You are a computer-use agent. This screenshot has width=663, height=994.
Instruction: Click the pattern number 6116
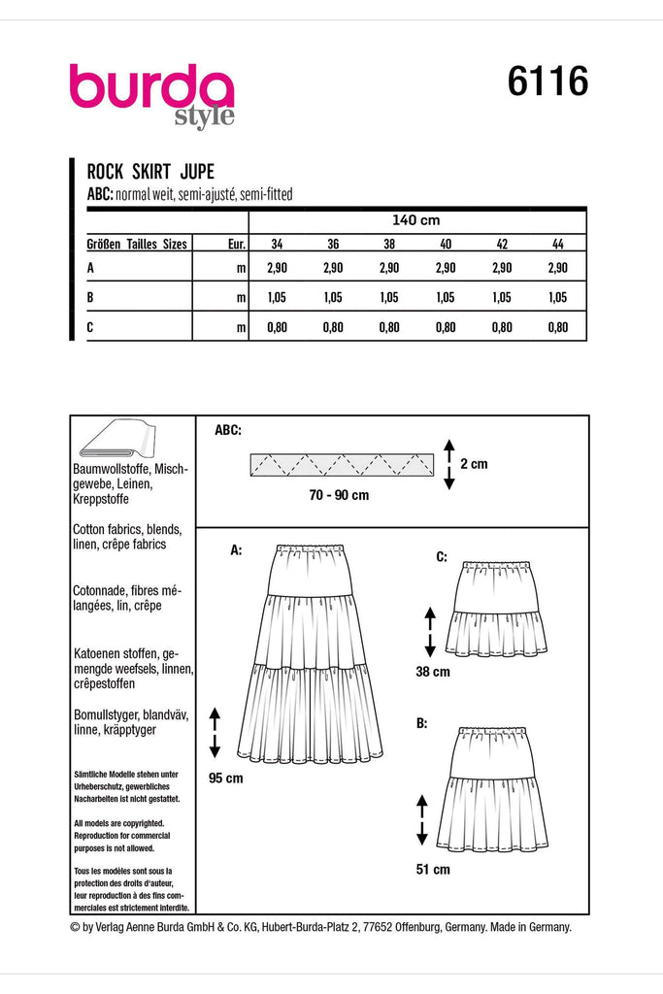point(547,83)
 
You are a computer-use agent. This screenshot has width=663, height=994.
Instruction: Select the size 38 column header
point(389,245)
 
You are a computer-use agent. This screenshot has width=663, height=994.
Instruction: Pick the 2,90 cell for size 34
point(277,268)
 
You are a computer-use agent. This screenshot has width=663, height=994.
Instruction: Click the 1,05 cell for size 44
point(557,298)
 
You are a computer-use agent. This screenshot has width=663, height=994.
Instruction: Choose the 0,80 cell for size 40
point(446,329)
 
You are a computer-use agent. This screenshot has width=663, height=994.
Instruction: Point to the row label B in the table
point(90,298)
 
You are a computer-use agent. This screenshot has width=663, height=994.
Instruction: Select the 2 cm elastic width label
point(474,464)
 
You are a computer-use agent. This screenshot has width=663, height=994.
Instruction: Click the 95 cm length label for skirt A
point(225,779)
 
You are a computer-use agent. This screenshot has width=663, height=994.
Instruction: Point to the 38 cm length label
point(434,671)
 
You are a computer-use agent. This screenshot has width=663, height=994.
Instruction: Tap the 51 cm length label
point(434,870)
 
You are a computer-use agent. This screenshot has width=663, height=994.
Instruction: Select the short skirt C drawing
point(495,608)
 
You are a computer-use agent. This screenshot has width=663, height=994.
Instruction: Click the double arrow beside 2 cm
point(448,464)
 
